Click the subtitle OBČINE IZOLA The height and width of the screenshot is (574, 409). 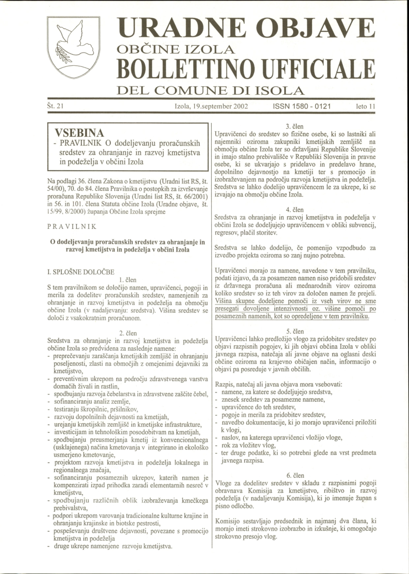coord(177,50)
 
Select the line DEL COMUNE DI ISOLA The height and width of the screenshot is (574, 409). coord(210,92)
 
